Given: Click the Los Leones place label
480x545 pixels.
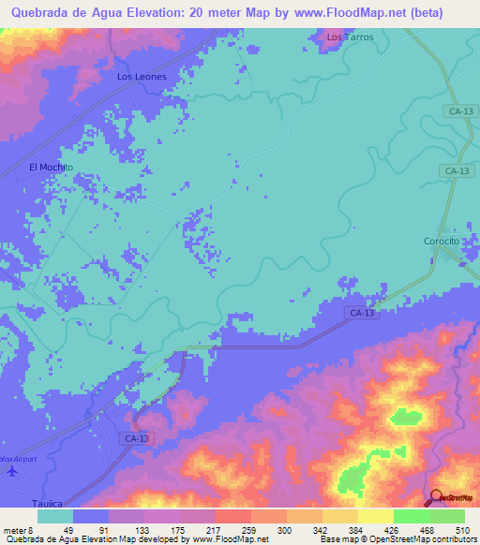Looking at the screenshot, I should point(142,77).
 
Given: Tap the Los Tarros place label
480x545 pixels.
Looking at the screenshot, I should point(350,37).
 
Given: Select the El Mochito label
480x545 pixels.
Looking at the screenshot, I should point(51,167).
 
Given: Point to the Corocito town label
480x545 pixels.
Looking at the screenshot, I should point(441,241).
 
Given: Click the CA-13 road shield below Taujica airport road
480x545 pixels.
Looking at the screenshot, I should point(136,437).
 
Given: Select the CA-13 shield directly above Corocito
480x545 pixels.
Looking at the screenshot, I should point(457,170).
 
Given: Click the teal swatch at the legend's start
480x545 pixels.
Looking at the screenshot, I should point(55,516).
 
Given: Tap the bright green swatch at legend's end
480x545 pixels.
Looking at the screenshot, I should point(447,516).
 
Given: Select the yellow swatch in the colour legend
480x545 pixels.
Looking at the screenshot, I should point(376,516).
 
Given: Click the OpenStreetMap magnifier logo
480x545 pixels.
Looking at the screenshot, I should point(437,497).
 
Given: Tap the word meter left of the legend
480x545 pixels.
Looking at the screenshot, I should point(14,529).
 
